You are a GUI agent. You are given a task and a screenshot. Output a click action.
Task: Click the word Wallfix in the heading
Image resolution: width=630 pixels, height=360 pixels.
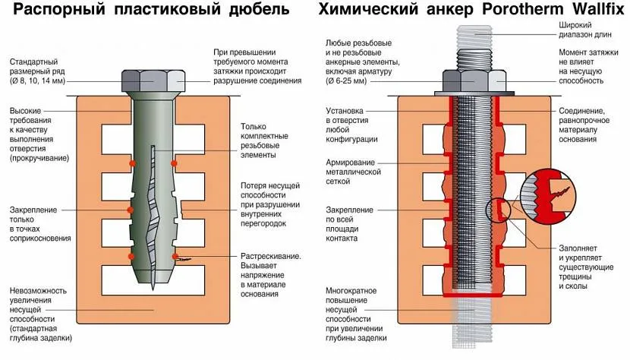[593, 11]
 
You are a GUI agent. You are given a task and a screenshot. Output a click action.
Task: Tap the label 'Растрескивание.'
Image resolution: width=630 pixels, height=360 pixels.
[270, 255]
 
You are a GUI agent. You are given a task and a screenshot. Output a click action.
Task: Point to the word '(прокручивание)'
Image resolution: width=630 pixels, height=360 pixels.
[39, 158]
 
